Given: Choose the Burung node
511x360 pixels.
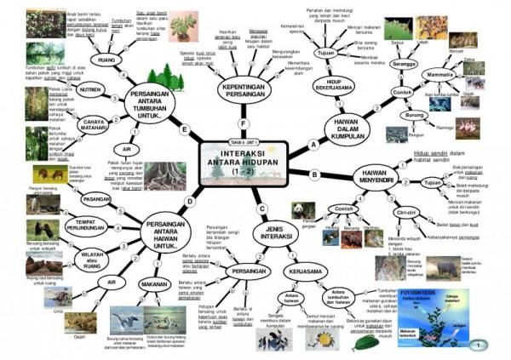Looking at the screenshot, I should tap(415, 114).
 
